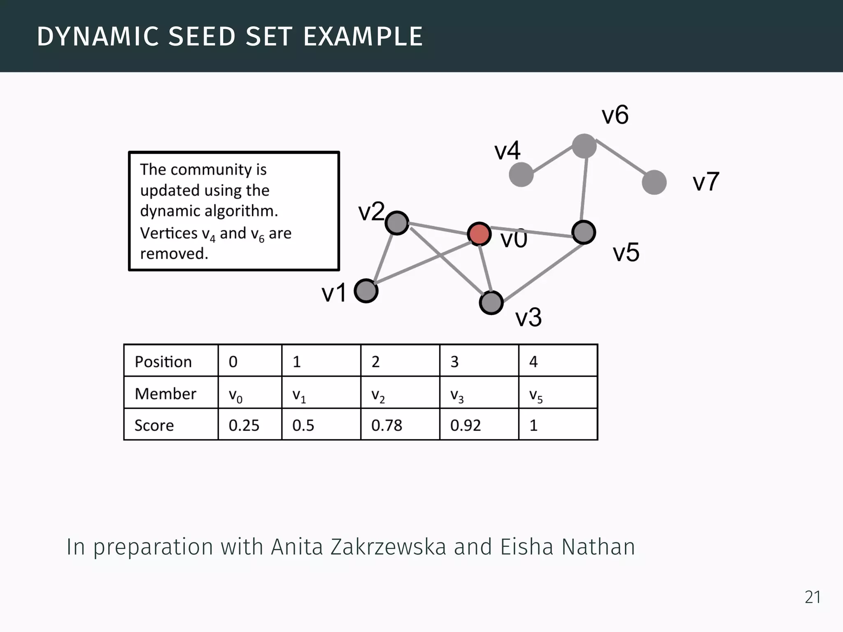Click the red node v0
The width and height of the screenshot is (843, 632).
pyautogui.click(x=479, y=234)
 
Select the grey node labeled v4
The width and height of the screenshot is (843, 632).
pyautogui.click(x=521, y=174)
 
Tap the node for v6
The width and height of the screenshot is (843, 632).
pyautogui.click(x=584, y=146)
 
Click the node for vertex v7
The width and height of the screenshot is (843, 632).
pyautogui.click(x=654, y=182)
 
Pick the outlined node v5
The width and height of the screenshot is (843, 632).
pyautogui.click(x=584, y=232)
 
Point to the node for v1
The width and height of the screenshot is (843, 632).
pyautogui.click(x=366, y=291)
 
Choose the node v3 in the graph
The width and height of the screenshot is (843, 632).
pyautogui.click(x=491, y=303)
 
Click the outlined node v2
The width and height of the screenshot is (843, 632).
pyautogui.click(x=397, y=223)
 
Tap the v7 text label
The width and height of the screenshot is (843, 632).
pyautogui.click(x=706, y=181)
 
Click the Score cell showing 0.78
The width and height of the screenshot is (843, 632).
pyautogui.click(x=387, y=425)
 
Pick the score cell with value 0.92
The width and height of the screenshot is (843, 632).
pyautogui.click(x=465, y=425)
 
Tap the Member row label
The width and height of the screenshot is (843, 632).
pyautogui.click(x=165, y=394)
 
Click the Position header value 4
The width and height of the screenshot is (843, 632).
pyautogui.click(x=533, y=362)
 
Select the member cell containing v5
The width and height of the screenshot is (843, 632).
pyautogui.click(x=536, y=395)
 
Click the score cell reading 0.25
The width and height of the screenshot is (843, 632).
pyautogui.click(x=244, y=425)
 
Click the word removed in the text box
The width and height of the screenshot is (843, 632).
pyautogui.click(x=174, y=253)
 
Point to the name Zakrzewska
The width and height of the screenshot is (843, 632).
pyautogui.click(x=388, y=547)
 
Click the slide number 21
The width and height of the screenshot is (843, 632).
pyautogui.click(x=813, y=597)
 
